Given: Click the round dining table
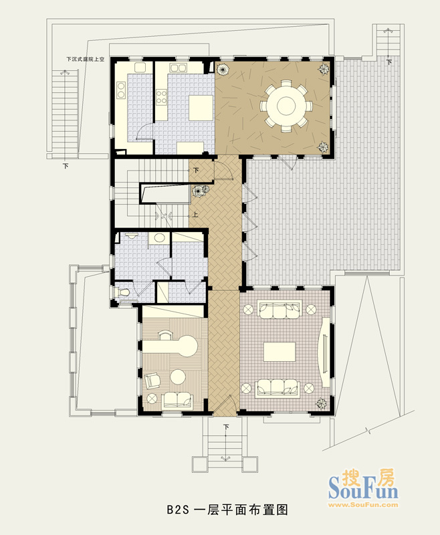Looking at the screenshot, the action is (286, 106).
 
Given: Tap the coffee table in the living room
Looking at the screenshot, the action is (280, 352).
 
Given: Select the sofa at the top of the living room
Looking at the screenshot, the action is (280, 309).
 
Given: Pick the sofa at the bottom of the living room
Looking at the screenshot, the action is (278, 389).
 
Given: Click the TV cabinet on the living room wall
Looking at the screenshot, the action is (326, 352).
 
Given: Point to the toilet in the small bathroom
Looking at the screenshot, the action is (124, 293).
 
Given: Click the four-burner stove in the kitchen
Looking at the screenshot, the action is (162, 96).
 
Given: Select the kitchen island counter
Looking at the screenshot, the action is (201, 108).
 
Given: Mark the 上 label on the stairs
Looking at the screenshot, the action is (195, 215).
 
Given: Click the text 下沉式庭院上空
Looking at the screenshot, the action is (86, 59).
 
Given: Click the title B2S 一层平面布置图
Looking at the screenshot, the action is (227, 510).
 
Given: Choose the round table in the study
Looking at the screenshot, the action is (178, 377).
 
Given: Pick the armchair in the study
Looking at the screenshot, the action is (152, 381).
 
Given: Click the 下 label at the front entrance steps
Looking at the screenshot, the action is (226, 427).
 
